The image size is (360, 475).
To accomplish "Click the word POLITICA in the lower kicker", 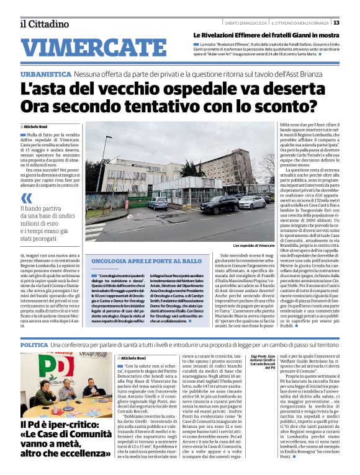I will (x=34, y=344).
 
